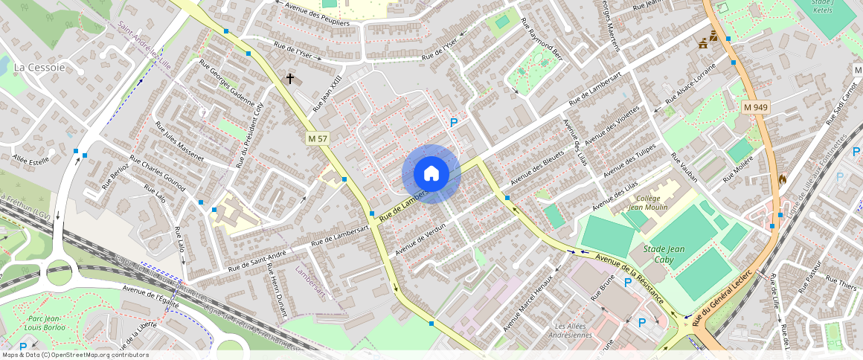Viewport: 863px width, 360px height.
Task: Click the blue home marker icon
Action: (x=431, y=174)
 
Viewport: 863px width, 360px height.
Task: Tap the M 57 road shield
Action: (x=318, y=138)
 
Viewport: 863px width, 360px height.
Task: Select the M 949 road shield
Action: (x=755, y=108)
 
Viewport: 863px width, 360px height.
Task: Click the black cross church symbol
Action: (x=290, y=78)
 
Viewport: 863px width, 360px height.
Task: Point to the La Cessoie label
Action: (x=39, y=68)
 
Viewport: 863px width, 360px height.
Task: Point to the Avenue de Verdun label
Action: (x=420, y=238)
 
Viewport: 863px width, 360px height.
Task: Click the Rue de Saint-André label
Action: (x=257, y=260)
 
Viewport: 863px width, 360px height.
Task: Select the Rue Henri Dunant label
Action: (x=276, y=290)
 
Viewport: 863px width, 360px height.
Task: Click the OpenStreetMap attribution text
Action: (x=75, y=355)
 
